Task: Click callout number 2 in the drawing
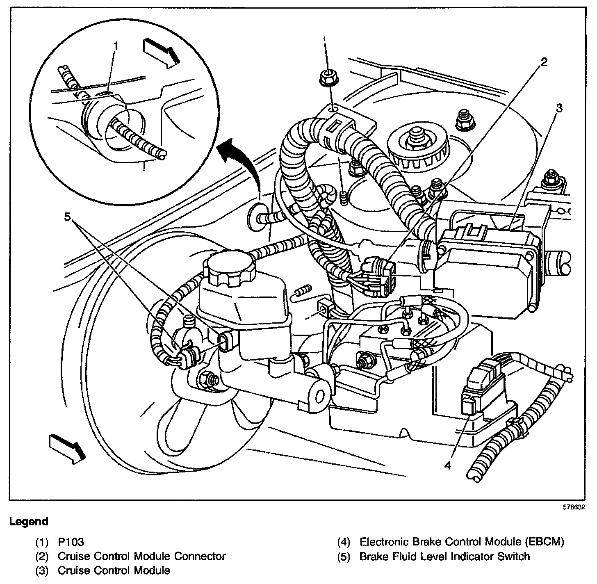coord(544,62)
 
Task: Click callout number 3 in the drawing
coord(559,108)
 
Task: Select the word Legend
coord(29,522)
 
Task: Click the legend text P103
coord(71,542)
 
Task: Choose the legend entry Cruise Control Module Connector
coord(141,556)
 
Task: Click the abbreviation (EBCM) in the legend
coord(544,542)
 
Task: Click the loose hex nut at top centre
coord(327,77)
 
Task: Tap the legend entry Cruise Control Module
coord(114,570)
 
